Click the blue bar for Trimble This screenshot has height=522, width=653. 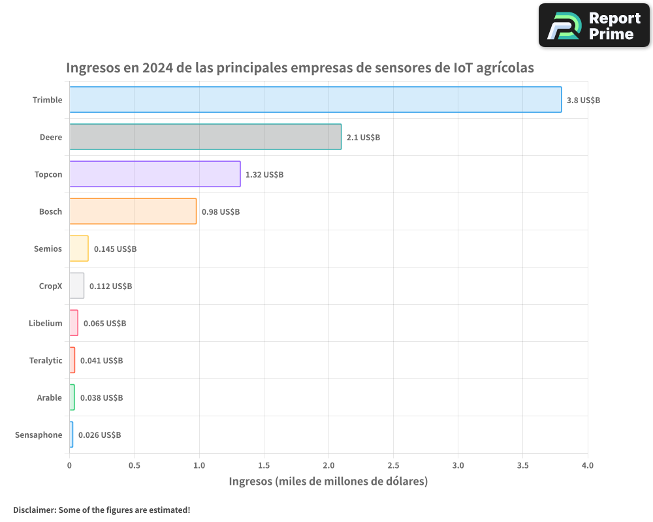315,100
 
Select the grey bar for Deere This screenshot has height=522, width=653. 205,137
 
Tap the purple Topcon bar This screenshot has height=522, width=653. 155,174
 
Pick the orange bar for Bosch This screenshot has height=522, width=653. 133,211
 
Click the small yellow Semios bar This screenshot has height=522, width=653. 79,249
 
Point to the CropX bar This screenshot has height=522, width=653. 76,286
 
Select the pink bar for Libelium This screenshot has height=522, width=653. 74,323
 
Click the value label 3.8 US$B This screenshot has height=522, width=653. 583,100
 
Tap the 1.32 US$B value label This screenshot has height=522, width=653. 264,175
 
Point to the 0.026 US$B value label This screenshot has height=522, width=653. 99,435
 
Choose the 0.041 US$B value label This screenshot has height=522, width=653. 101,361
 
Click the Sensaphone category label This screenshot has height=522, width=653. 39,435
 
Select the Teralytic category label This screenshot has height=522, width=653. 46,361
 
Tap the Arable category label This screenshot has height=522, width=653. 50,398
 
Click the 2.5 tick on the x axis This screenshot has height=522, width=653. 393,466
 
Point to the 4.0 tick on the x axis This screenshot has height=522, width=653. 587,466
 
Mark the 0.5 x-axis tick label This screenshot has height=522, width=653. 135,466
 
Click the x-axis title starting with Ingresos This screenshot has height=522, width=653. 328,482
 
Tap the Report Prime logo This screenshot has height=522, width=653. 594,25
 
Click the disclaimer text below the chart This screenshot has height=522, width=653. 101,510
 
